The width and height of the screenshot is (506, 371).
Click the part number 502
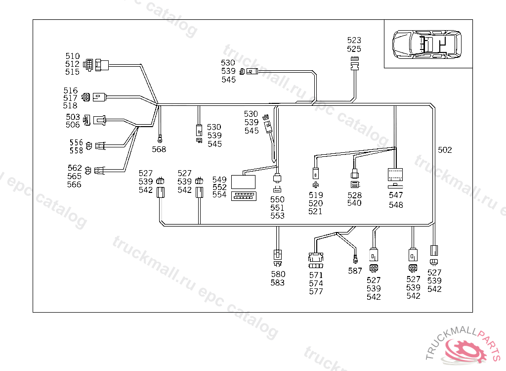445,150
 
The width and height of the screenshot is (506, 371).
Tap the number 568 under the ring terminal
159,149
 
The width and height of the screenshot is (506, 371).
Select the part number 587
355,271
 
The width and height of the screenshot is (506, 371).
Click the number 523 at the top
354,41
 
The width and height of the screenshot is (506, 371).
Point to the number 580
278,274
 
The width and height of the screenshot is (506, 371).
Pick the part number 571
316,275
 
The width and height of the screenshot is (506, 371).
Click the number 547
396,195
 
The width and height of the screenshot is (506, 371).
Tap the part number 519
315,195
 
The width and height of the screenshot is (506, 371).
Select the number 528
354,195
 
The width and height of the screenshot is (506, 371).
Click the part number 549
219,179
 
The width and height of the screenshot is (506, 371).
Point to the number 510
72,56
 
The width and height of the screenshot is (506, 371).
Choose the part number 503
73,117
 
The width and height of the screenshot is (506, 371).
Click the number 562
74,168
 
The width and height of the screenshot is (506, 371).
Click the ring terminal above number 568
160,139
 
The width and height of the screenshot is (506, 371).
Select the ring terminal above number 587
354,258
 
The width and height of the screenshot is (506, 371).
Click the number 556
76,142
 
